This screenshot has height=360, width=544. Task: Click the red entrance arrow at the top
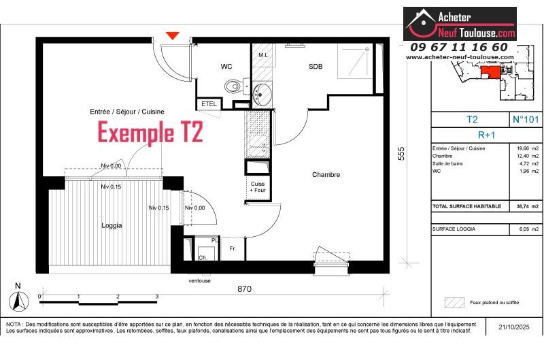pyautogui.click(x=173, y=35)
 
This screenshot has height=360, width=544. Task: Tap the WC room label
pyautogui.click(x=226, y=67)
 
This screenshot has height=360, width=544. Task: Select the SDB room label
pyautogui.click(x=316, y=67)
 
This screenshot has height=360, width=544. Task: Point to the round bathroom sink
pyautogui.click(x=262, y=93)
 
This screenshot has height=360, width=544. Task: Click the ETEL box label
pyautogui.click(x=207, y=103)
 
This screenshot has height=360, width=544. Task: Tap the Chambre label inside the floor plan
pyautogui.click(x=326, y=175)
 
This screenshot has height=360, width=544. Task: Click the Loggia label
pyautogui.click(x=112, y=225)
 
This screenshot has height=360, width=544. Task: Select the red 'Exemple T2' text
pyautogui.click(x=150, y=132)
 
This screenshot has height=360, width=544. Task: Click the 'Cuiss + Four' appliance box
pyautogui.click(x=258, y=187)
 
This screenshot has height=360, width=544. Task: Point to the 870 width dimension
pyautogui.click(x=245, y=289)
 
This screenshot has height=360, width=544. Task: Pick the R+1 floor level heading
pyautogui.click(x=485, y=135)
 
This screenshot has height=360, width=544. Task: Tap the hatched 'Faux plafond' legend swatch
pyautogui.click(x=454, y=302)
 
